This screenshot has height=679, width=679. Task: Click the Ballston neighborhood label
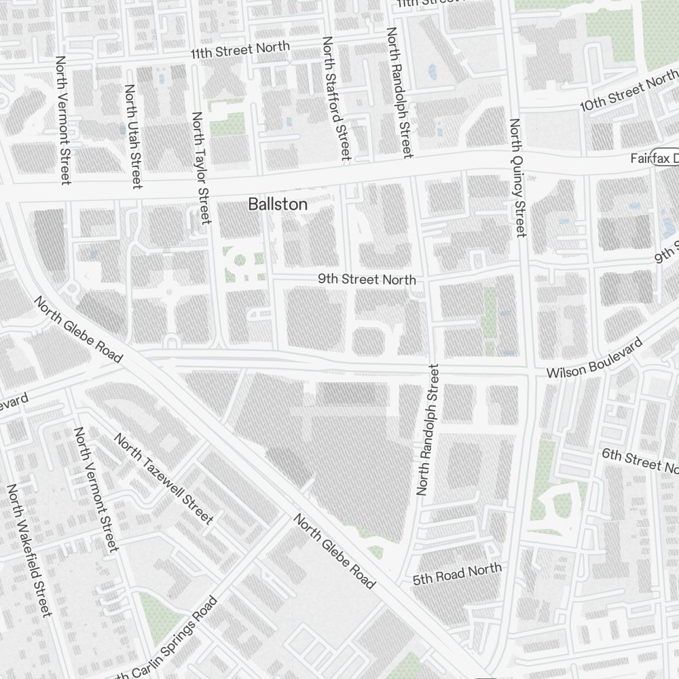pyautogui.click(x=278, y=204)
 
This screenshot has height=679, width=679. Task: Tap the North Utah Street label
pyautogui.click(x=132, y=136)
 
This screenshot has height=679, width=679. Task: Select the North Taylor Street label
pyautogui.click(x=202, y=168)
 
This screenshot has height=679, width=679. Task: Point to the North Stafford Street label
pyautogui.click(x=335, y=99)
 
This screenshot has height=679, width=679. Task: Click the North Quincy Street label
pyautogui.click(x=517, y=178)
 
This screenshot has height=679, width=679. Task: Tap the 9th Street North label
pyautogui.click(x=367, y=279)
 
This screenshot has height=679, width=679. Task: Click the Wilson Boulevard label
pyautogui.click(x=594, y=360)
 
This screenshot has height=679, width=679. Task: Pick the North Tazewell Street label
pyautogui.click(x=164, y=479)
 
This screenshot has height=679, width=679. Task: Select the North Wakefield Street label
pyautogui.click(x=29, y=551)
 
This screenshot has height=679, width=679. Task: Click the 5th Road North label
pyautogui.click(x=458, y=574)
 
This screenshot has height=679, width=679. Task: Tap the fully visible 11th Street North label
pyautogui.click(x=240, y=50)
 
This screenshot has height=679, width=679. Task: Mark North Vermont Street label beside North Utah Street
pyautogui.click(x=63, y=120)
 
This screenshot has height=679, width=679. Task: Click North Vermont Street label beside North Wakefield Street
pyautogui.click(x=96, y=490)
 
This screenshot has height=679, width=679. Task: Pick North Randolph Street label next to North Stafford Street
pyautogui.click(x=399, y=92)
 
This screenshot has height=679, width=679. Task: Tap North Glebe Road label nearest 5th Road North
pyautogui.click(x=334, y=551)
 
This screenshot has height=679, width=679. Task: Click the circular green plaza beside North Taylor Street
pyautogui.click(x=239, y=259)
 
